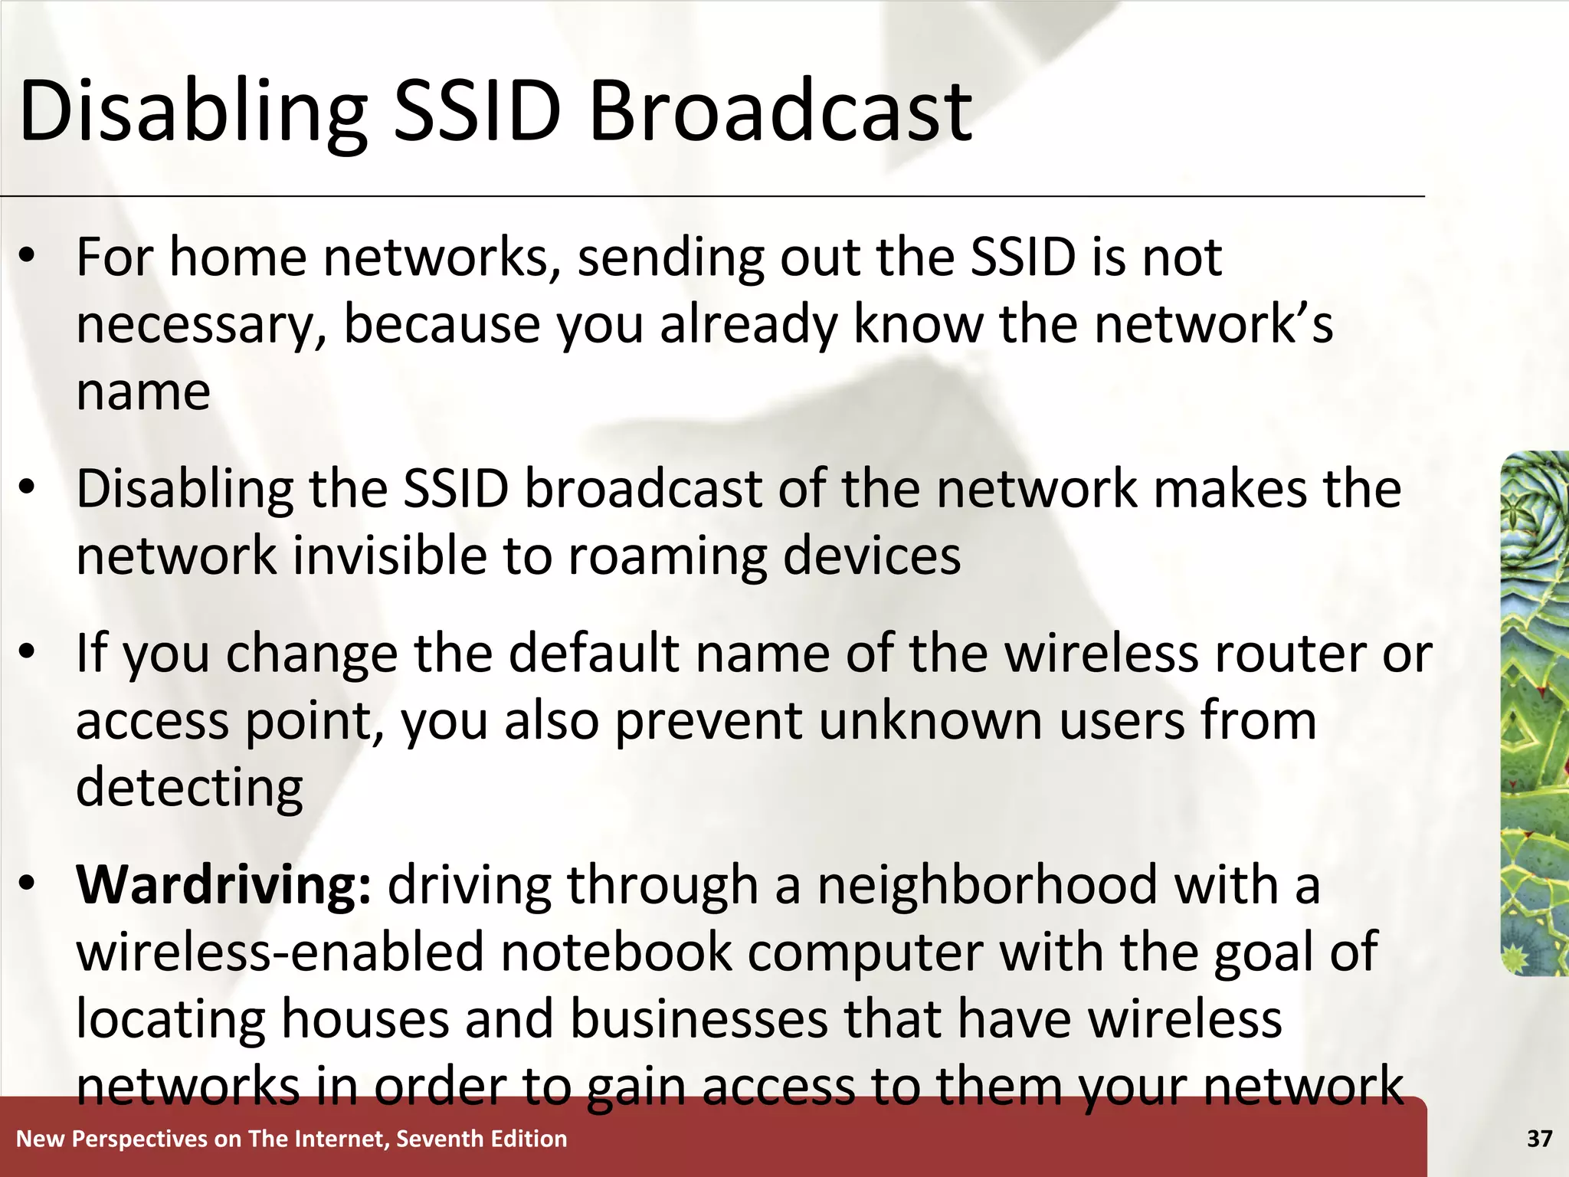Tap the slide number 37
click(1539, 1139)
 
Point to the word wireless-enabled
click(280, 952)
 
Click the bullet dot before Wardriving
click(28, 884)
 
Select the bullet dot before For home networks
click(28, 257)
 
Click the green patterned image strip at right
click(1534, 713)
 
